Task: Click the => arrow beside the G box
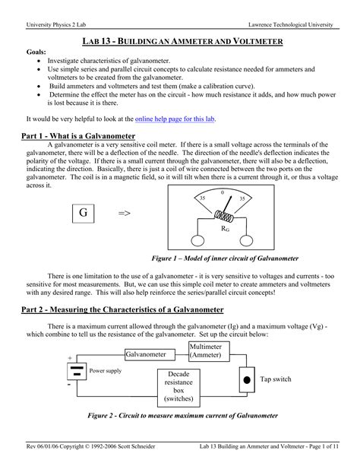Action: (125, 214)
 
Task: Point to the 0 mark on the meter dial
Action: (222, 192)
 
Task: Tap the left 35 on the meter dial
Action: (202, 198)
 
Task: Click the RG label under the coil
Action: (226, 227)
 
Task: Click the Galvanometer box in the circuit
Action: (145, 354)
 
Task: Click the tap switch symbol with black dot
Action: (245, 379)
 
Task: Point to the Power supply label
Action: (106, 371)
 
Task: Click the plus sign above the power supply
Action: (70, 357)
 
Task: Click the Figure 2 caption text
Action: (180, 416)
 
